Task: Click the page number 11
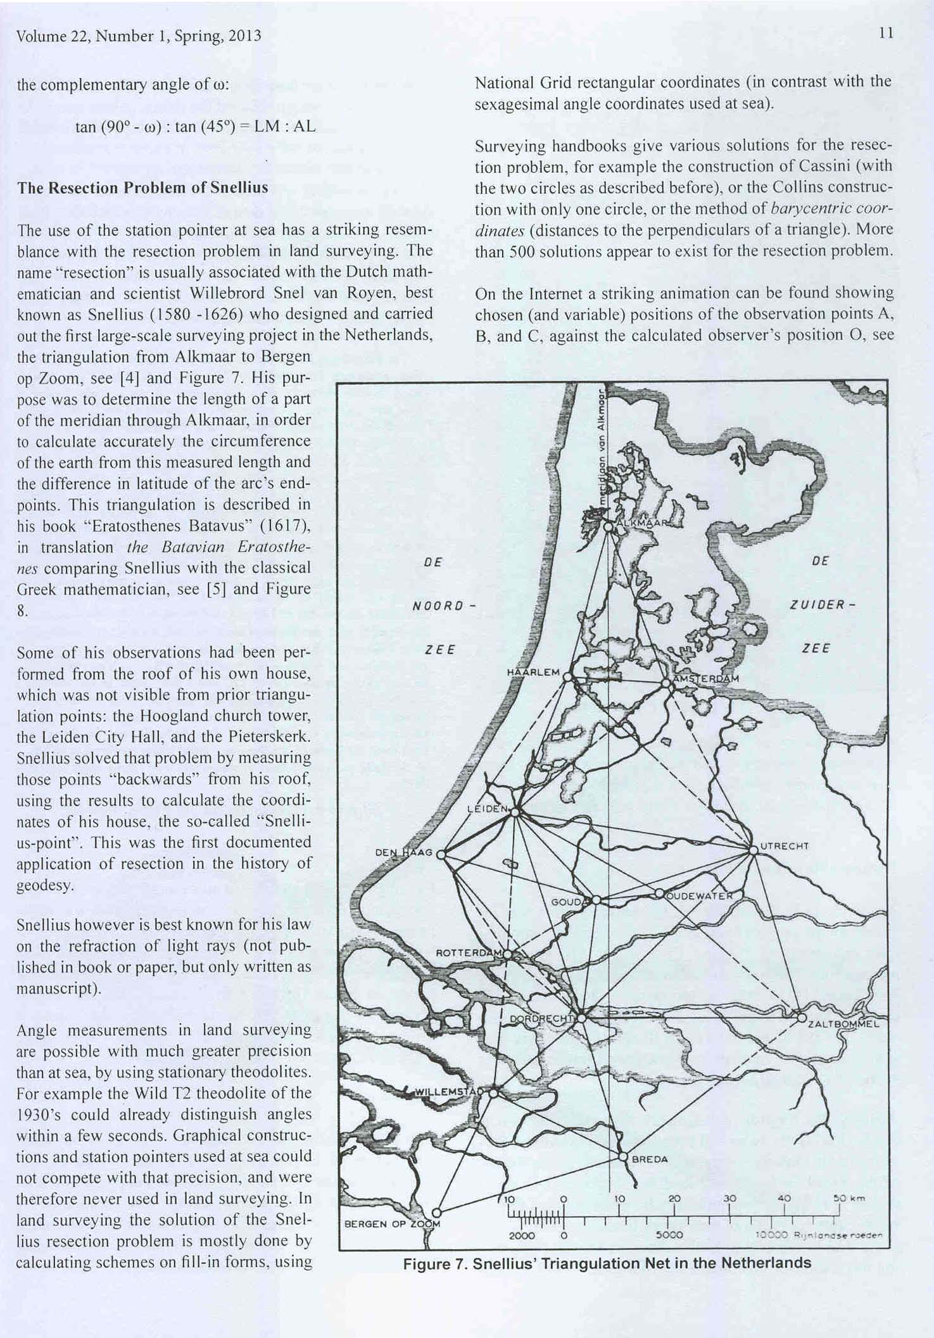tap(887, 34)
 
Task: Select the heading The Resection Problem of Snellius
tap(142, 188)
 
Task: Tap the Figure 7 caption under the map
tap(607, 1263)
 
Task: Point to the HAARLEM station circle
tap(567, 677)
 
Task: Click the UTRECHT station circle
tap(753, 850)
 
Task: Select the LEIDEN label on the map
tap(487, 809)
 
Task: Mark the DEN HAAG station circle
tap(441, 854)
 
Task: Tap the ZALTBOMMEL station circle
tap(802, 1018)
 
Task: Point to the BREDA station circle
tap(622, 1157)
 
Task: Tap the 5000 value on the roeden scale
tap(669, 1235)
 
